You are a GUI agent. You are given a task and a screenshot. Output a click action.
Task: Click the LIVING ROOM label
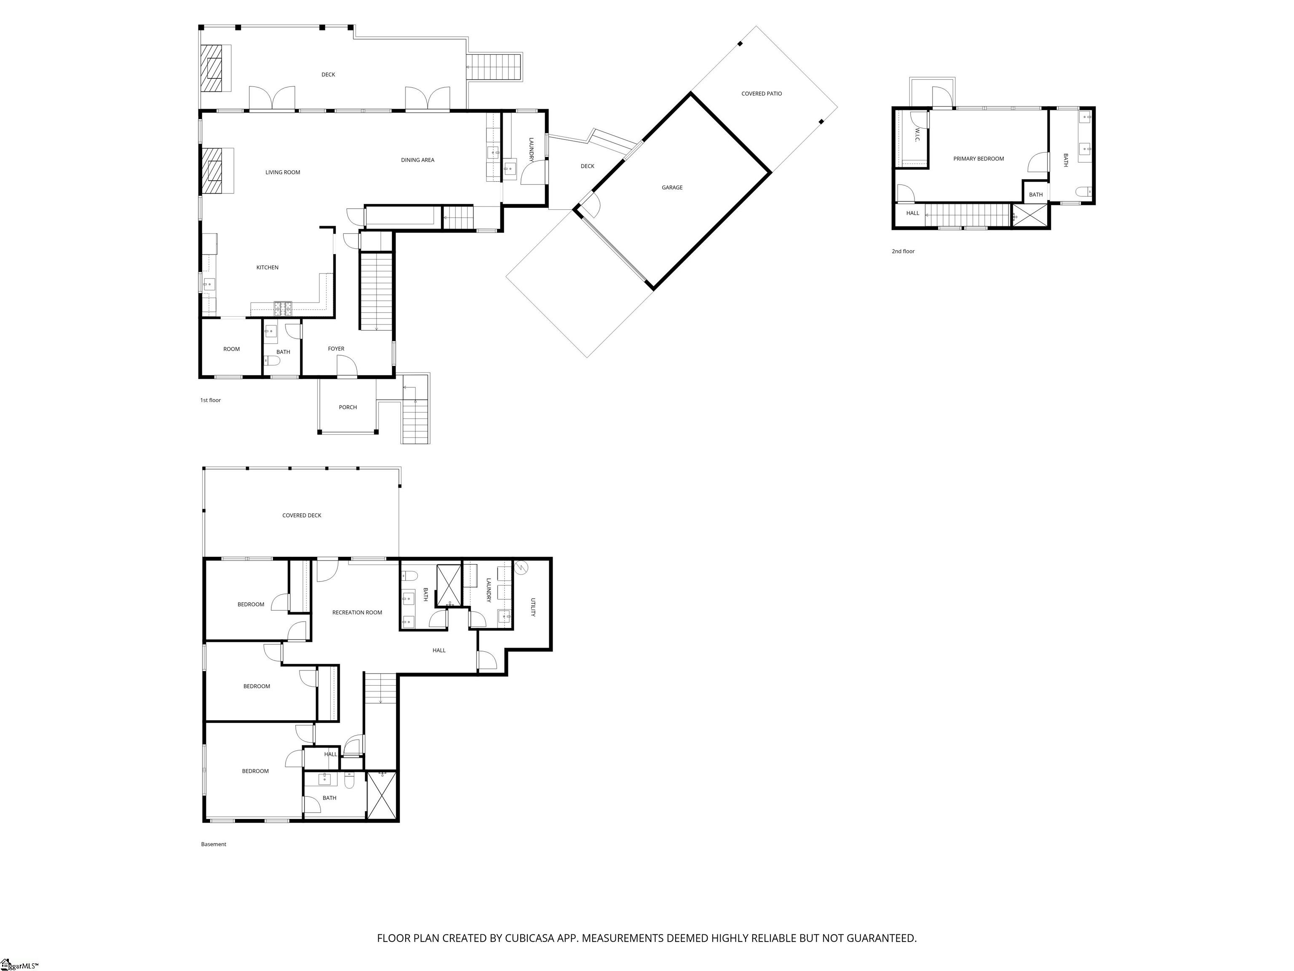[x=283, y=172]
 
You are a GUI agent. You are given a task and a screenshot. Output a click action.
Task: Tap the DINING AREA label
[x=418, y=160]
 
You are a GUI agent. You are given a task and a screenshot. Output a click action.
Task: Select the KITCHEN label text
[x=267, y=268]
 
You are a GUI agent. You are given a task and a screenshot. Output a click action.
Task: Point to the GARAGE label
[x=672, y=187]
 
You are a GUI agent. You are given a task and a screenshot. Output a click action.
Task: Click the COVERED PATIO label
[x=762, y=94]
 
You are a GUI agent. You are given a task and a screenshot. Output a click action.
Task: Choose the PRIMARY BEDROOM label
[x=979, y=158]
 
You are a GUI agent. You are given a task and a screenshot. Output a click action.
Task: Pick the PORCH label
[x=348, y=408]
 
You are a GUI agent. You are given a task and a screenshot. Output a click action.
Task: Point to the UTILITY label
[x=533, y=607]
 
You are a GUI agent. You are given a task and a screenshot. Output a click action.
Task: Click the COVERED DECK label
[x=302, y=516]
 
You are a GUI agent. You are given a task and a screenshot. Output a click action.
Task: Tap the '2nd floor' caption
[x=903, y=251]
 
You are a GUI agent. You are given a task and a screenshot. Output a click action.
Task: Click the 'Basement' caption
[x=214, y=844]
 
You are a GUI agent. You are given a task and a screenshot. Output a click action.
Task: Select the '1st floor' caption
[x=211, y=400]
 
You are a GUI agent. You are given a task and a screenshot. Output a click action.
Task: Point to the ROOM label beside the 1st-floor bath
[x=232, y=349]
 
